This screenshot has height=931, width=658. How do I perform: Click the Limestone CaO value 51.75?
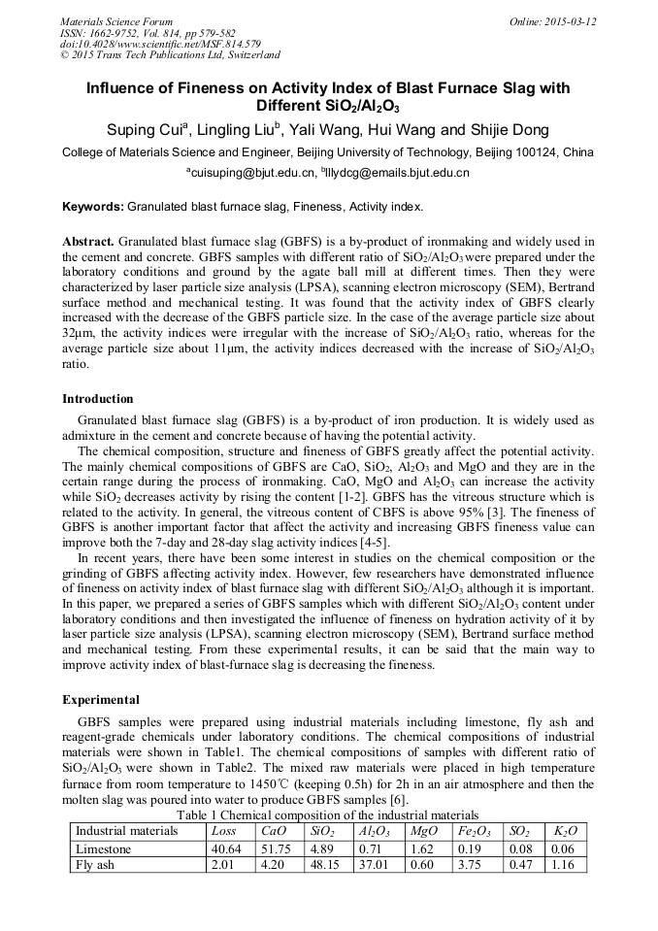pyautogui.click(x=276, y=849)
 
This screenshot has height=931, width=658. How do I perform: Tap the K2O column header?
pyautogui.click(x=565, y=832)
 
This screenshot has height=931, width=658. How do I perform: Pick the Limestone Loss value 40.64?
pyautogui.click(x=227, y=849)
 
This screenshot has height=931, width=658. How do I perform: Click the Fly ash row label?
pyautogui.click(x=95, y=866)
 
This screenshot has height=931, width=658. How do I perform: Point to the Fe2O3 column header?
pyautogui.click(x=477, y=832)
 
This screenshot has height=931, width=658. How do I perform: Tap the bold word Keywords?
pyautogui.click(x=92, y=207)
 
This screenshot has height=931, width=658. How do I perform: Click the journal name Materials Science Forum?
pyautogui.click(x=116, y=21)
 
